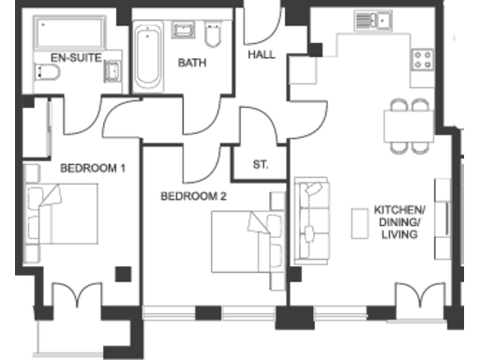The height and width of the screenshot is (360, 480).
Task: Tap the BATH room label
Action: click(192, 64)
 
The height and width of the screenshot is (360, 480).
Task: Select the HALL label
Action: click(262, 54)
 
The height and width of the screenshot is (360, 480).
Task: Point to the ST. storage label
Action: click(261, 165)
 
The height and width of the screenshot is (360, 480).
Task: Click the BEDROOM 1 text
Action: click(93, 169)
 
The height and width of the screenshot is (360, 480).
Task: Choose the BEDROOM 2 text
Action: click(193, 197)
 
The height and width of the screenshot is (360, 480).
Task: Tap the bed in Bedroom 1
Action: click(63, 213)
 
